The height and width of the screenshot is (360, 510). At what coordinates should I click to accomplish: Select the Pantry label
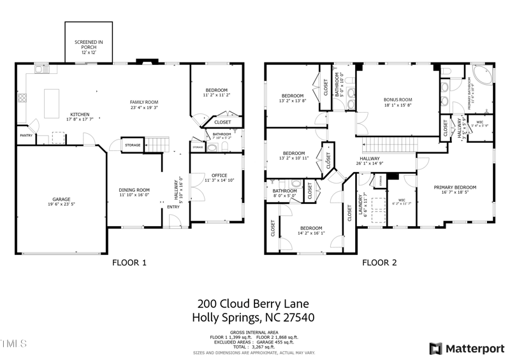coord(25,135)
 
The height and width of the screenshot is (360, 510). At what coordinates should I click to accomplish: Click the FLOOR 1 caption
coord(129,262)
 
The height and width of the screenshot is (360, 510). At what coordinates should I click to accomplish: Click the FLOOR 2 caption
coord(379,262)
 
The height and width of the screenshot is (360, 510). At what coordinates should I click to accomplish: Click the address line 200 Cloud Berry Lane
coord(255,304)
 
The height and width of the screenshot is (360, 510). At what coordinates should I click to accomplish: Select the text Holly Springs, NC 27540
coord(255,317)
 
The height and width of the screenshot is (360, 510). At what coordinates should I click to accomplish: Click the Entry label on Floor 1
coord(173,207)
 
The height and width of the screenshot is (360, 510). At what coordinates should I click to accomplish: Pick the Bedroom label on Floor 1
coord(216,92)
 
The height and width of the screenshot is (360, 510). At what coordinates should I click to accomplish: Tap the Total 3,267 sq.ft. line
coord(255,347)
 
